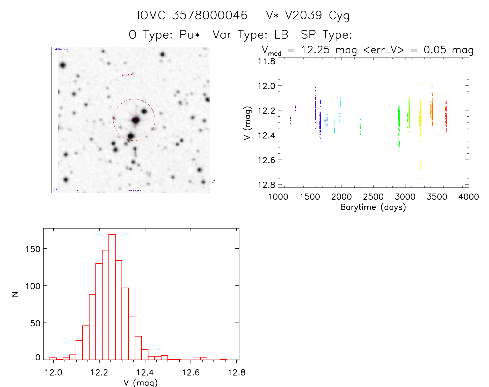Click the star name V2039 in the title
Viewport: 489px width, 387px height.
[303, 15]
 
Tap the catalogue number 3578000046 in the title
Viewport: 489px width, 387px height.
[210, 15]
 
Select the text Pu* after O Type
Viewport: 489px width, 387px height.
[190, 35]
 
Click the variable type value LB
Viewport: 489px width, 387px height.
[281, 35]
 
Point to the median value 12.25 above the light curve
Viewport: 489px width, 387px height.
[315, 50]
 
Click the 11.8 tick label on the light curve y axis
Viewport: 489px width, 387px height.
[266, 61]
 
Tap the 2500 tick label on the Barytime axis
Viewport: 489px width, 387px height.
[373, 197]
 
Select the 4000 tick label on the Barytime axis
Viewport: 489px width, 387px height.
[468, 197]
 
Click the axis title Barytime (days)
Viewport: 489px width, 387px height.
[373, 207]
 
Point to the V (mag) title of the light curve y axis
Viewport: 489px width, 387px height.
[247, 123]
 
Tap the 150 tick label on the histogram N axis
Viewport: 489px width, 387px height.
[33, 249]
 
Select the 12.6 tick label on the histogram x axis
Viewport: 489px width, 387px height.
[191, 372]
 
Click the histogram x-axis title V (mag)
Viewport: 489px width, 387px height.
[141, 382]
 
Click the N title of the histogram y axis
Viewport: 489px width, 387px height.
[15, 294]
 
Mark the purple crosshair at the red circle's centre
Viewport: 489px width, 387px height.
[134, 120]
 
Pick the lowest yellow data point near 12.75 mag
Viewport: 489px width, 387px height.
[420, 178]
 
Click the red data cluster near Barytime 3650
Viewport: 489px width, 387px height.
[446, 117]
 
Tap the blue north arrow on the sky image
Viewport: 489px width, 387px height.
[213, 184]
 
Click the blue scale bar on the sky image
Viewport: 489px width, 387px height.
[66, 191]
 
